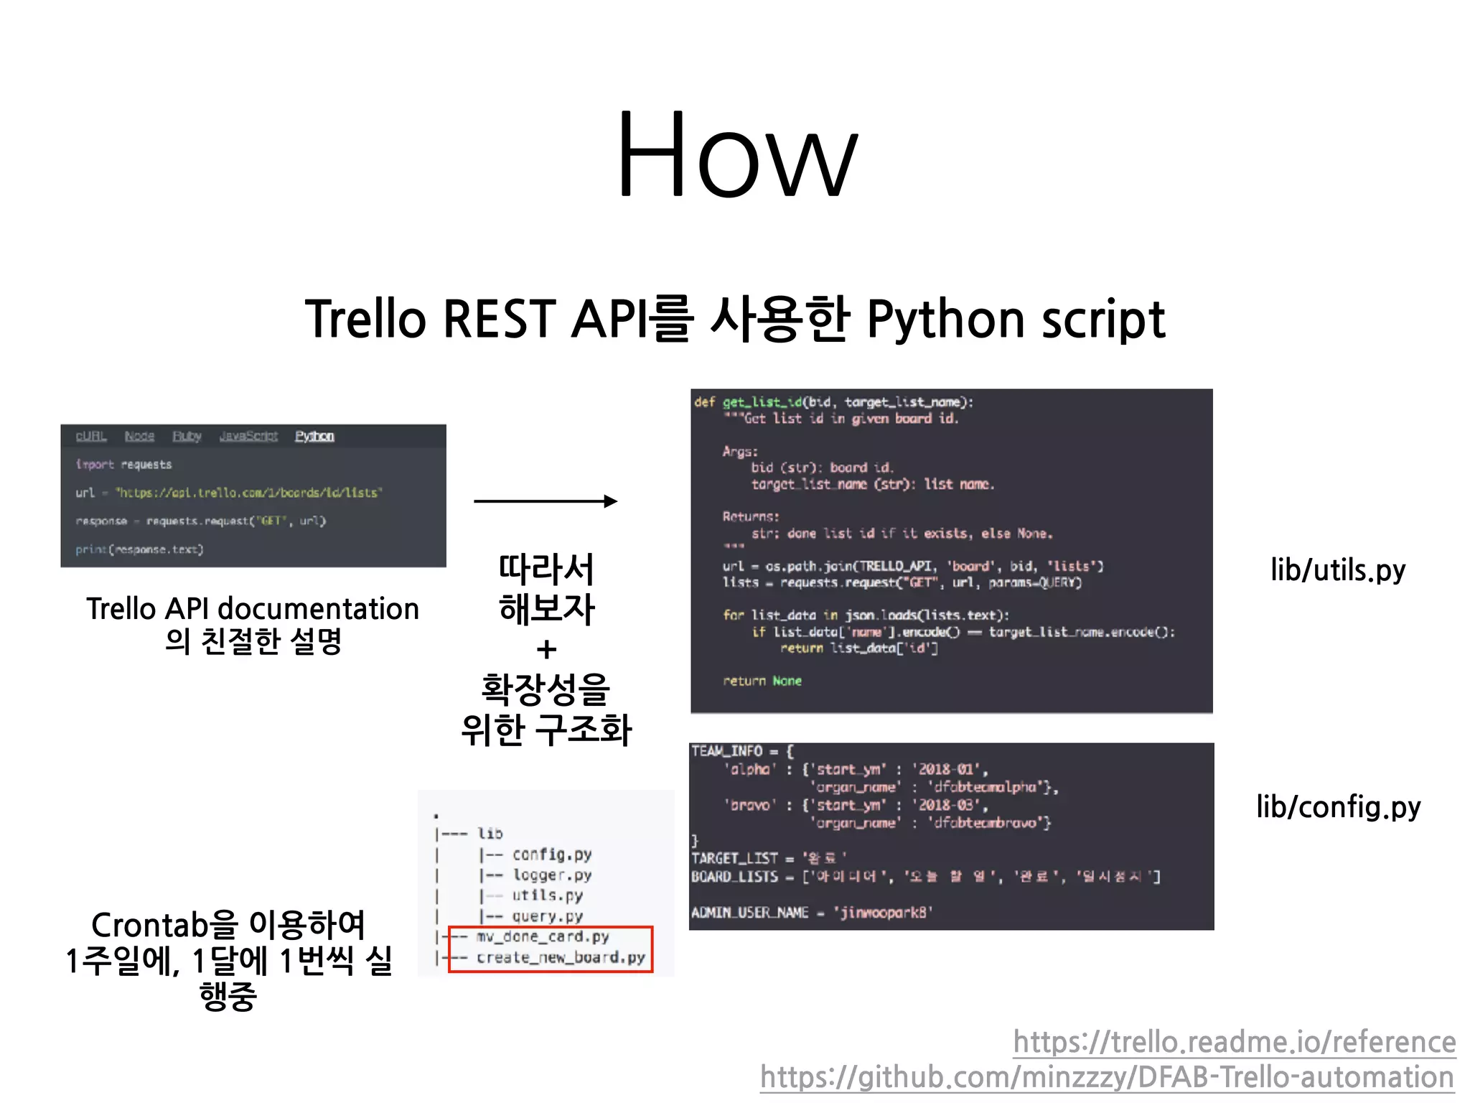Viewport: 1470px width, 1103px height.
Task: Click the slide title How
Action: (x=736, y=154)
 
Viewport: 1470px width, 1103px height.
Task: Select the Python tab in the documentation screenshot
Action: (x=314, y=436)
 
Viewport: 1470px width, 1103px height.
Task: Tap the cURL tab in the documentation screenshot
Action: (x=91, y=436)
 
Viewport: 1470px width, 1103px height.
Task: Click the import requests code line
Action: (x=123, y=465)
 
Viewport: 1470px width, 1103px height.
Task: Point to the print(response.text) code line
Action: (x=139, y=549)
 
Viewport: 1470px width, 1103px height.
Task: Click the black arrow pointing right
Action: (x=546, y=501)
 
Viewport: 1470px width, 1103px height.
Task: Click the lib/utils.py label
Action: (x=1337, y=570)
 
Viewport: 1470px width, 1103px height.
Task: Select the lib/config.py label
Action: (x=1338, y=807)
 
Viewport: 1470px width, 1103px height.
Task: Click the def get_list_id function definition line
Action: (x=833, y=402)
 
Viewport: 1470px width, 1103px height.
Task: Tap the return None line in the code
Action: (x=762, y=681)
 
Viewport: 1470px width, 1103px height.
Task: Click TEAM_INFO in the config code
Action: (x=726, y=751)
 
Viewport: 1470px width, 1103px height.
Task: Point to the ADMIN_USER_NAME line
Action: (x=811, y=913)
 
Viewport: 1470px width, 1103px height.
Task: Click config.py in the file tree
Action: (x=551, y=855)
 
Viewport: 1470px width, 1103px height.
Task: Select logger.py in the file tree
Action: (x=551, y=875)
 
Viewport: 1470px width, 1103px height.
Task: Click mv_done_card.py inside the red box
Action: (x=542, y=937)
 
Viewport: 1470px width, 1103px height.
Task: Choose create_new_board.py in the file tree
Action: (x=561, y=958)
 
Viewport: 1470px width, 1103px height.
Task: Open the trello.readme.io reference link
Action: (x=1234, y=1042)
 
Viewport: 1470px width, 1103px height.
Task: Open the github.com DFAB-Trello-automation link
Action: (x=1107, y=1077)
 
